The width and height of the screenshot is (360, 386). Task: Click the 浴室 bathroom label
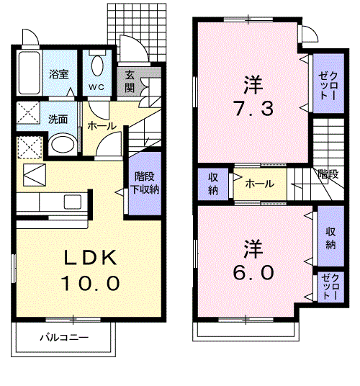click(59, 74)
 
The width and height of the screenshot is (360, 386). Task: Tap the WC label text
click(96, 87)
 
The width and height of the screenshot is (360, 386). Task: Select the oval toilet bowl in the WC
click(97, 66)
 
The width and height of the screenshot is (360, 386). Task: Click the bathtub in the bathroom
click(30, 73)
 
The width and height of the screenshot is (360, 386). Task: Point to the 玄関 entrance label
click(130, 81)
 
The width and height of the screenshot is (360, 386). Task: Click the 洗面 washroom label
click(58, 120)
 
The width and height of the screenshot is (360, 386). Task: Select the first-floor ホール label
click(102, 126)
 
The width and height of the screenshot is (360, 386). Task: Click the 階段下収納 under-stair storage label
click(145, 183)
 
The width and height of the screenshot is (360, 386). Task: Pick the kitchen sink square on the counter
click(73, 202)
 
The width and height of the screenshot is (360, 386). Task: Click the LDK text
click(90, 258)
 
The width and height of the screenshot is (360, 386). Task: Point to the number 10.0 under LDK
click(90, 283)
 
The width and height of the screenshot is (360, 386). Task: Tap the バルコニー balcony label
click(64, 337)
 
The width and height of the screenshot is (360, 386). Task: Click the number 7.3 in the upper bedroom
click(254, 109)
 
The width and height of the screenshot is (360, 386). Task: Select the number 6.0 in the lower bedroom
click(253, 272)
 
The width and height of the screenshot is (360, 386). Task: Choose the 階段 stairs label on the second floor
click(328, 174)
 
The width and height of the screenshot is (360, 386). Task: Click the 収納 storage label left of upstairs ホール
click(213, 184)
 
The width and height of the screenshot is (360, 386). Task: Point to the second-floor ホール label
click(260, 184)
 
